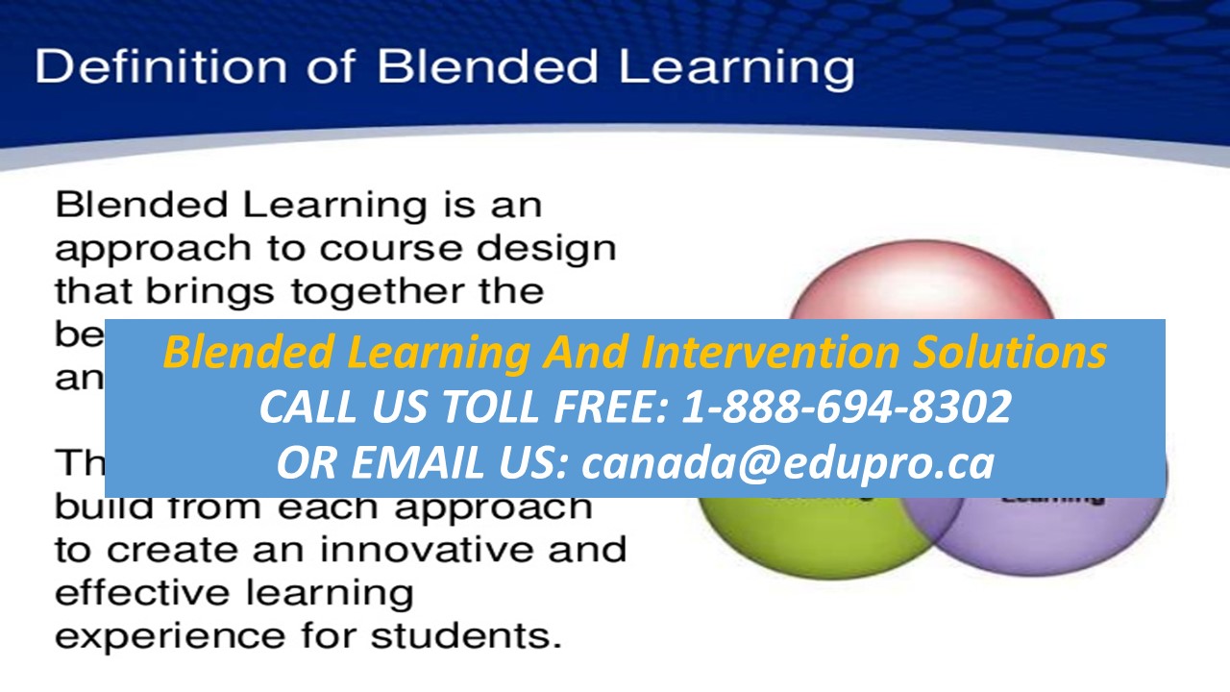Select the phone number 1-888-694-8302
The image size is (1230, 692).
(x=846, y=408)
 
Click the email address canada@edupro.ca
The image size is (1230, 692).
(x=788, y=463)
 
